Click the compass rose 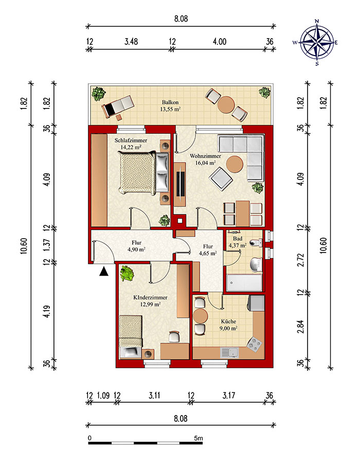[x=316, y=42]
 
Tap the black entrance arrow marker [x=103, y=272]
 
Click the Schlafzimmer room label [x=131, y=140]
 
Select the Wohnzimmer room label [x=205, y=156]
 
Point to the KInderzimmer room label [x=150, y=298]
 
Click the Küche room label [x=229, y=321]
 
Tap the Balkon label [x=170, y=102]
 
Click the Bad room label [x=238, y=239]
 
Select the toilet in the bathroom [x=256, y=243]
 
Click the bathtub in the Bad [x=244, y=282]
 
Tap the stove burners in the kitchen [x=255, y=344]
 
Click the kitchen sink [x=229, y=353]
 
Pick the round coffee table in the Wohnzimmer [x=235, y=164]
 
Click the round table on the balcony [x=225, y=104]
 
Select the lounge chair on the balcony [x=117, y=106]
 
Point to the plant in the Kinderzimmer [x=127, y=274]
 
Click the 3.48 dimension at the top [x=131, y=41]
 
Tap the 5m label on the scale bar [x=198, y=438]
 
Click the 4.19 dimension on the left [x=46, y=311]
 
